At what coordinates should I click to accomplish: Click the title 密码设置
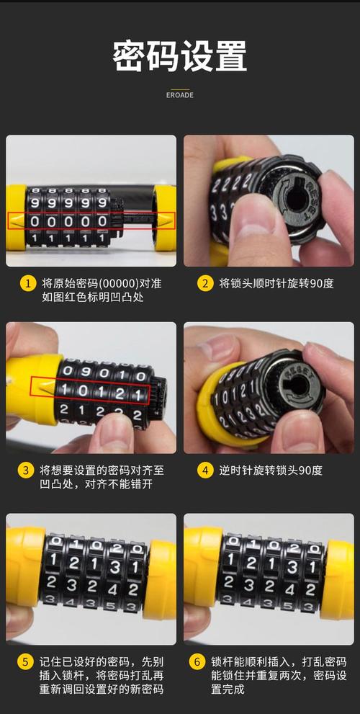180,56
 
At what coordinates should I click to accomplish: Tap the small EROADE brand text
180,95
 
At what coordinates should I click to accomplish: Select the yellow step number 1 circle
28,283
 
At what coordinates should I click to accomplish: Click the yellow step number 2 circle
205,283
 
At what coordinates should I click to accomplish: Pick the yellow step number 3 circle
26,470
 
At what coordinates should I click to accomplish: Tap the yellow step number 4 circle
205,470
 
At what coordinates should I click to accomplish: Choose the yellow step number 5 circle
26,661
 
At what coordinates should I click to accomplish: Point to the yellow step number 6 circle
197,661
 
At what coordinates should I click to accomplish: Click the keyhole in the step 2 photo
296,199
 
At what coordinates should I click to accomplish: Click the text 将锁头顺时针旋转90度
276,283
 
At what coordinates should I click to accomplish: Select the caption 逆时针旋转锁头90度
271,470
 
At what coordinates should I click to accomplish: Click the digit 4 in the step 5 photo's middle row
113,590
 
